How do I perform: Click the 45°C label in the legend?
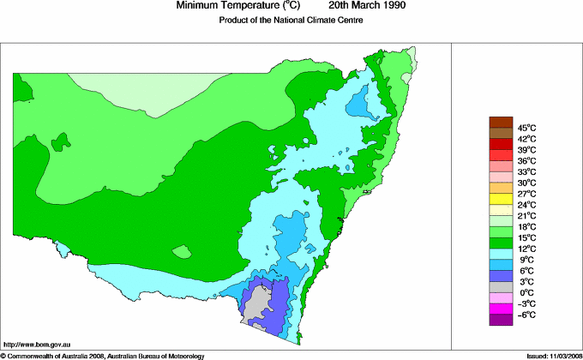(x=526, y=128)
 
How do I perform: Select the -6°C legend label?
(x=526, y=315)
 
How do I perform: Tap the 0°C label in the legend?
(x=526, y=292)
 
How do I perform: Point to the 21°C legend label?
(x=526, y=215)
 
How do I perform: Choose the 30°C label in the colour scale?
(x=526, y=183)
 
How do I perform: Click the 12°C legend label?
(x=526, y=249)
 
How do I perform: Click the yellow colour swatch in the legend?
(x=500, y=199)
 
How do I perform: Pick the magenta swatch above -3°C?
(x=500, y=309)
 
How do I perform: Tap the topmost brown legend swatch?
(x=500, y=122)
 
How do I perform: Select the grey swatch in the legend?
(x=500, y=286)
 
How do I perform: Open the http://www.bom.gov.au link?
(x=35, y=344)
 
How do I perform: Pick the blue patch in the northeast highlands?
(x=363, y=105)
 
